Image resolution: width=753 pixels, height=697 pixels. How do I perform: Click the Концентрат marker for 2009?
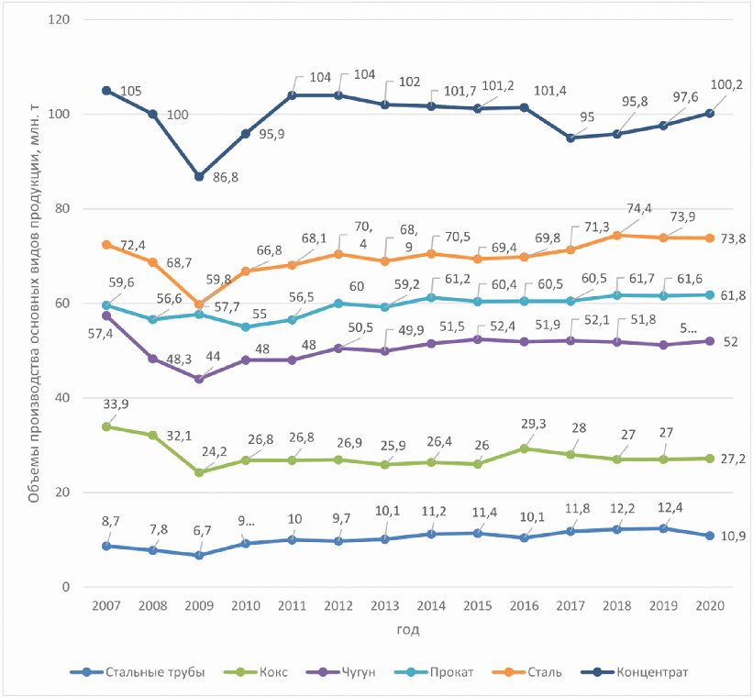199,177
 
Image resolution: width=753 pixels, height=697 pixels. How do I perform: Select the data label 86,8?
226,177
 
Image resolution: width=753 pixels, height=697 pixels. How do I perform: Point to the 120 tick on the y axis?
60,19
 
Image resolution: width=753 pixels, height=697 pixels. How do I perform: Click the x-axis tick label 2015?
477,605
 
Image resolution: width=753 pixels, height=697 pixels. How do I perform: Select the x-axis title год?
408,630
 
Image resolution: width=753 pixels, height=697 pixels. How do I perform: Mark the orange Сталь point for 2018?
616,236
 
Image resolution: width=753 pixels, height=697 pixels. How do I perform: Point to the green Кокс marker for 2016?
525,448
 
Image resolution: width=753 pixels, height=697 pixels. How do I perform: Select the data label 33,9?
116,404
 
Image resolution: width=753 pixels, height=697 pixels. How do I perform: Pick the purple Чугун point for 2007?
106,315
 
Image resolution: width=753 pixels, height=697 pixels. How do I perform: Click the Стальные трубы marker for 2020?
710,536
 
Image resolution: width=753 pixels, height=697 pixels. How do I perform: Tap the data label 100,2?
726,85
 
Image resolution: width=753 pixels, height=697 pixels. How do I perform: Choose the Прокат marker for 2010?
246,327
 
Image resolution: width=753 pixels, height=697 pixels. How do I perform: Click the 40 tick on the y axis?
63,398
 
